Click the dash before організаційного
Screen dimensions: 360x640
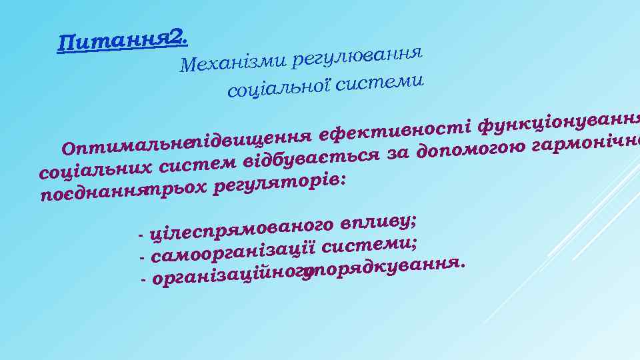(x=145, y=280)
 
